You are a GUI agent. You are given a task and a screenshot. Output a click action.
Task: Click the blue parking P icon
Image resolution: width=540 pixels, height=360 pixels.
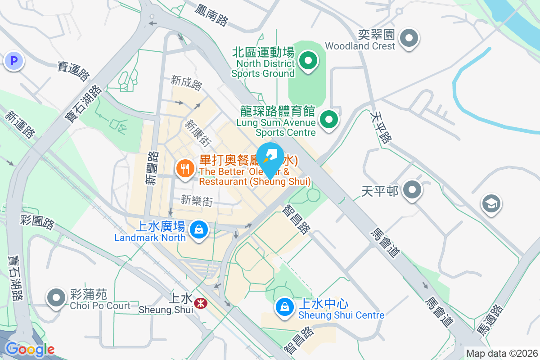point(13,61)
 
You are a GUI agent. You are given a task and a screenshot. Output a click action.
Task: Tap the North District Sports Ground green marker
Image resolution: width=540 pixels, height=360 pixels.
point(308,61)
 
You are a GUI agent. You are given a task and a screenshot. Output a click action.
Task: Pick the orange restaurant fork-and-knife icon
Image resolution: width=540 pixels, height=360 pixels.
point(184,169)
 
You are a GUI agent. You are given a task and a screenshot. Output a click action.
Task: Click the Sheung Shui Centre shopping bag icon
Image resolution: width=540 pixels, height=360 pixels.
point(284,307)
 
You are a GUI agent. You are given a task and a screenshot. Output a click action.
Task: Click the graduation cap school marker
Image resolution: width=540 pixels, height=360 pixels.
point(491,203)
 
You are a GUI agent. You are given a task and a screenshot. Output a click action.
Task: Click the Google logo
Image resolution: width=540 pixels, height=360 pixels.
point(30,349)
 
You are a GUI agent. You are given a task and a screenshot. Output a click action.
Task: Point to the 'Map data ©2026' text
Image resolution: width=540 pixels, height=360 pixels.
point(502,353)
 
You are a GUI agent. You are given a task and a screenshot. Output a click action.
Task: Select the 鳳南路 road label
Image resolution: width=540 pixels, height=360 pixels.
point(211,14)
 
